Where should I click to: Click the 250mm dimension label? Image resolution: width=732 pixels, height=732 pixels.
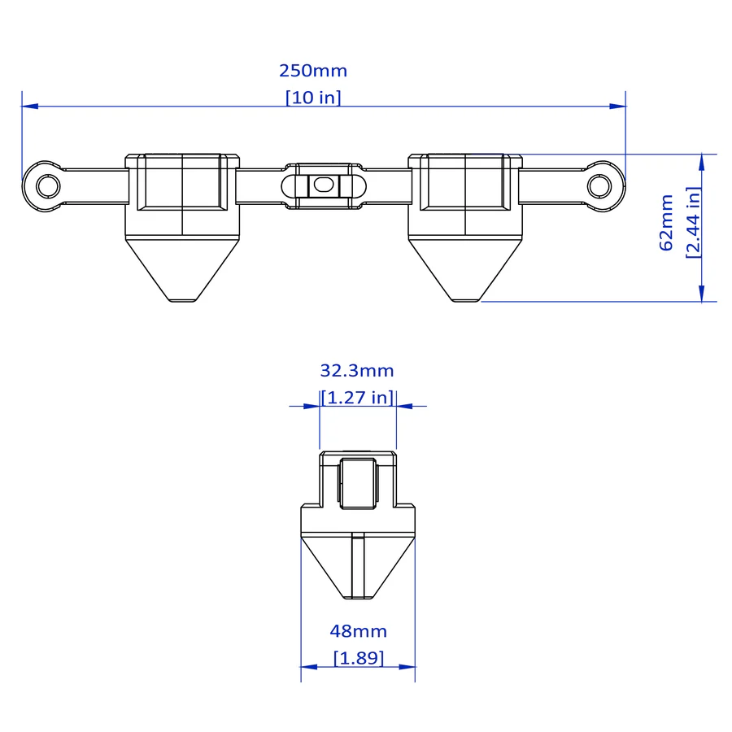(x=313, y=71)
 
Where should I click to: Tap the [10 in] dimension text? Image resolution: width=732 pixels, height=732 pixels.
(x=313, y=97)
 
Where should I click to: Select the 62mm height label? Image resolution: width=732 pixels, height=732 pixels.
(x=666, y=223)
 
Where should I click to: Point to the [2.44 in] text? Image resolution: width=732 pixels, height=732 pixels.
(x=693, y=222)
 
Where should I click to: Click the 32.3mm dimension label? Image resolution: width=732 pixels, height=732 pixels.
(x=357, y=371)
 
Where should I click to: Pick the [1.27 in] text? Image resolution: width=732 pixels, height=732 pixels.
(x=358, y=397)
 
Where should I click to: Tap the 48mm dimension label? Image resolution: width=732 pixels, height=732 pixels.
(x=359, y=631)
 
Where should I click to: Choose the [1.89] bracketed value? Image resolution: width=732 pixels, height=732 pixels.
(x=359, y=658)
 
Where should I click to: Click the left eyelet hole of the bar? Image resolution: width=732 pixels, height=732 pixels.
(x=48, y=186)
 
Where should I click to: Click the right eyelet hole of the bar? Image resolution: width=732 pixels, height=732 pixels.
(x=599, y=186)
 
